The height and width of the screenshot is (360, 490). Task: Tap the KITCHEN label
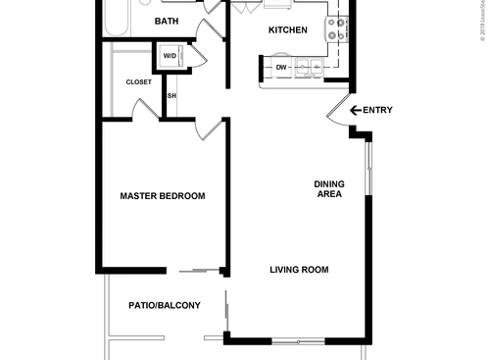[x=288, y=30]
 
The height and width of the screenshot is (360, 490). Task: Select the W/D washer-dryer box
[x=170, y=56]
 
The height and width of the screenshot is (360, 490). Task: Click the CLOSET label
[x=138, y=82]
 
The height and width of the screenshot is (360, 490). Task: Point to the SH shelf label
[x=171, y=96]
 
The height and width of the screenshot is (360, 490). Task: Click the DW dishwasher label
[x=281, y=68]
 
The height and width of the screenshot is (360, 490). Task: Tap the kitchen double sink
[x=313, y=68]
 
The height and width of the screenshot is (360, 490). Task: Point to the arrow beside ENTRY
[x=355, y=110]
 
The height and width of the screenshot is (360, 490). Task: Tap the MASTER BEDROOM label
[x=162, y=196]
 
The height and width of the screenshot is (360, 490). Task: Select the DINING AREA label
[x=327, y=189]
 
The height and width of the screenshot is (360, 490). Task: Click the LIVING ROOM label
[x=299, y=270]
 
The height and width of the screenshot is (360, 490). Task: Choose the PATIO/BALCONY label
[x=165, y=305]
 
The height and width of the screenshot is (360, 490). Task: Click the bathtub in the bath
[x=117, y=18]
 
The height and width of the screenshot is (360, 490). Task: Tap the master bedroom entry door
[x=209, y=129]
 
